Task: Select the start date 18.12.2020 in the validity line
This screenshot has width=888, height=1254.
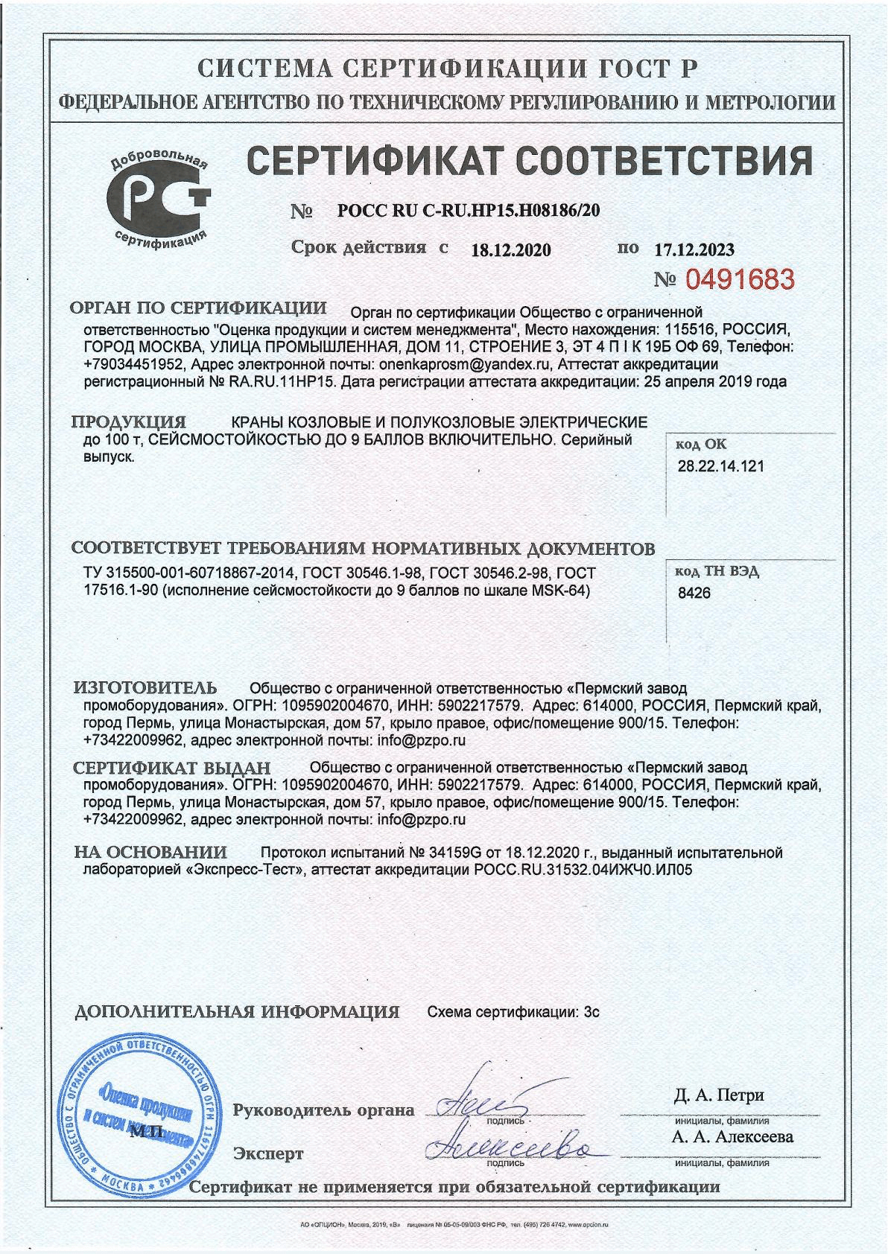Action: click(x=511, y=250)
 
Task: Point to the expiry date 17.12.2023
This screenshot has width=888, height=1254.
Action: click(x=694, y=249)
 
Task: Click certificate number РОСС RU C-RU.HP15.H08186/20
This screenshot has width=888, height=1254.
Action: click(x=469, y=211)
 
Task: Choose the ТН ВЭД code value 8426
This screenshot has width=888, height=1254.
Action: click(x=694, y=593)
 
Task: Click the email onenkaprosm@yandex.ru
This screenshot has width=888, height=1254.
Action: click(x=465, y=364)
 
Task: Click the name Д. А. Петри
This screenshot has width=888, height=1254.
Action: click(x=719, y=1095)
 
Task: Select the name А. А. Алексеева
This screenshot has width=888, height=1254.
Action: click(x=732, y=1136)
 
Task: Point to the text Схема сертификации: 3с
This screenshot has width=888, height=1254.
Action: click(x=513, y=1013)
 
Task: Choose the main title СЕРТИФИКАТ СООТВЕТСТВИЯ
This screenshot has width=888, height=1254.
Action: click(x=528, y=159)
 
